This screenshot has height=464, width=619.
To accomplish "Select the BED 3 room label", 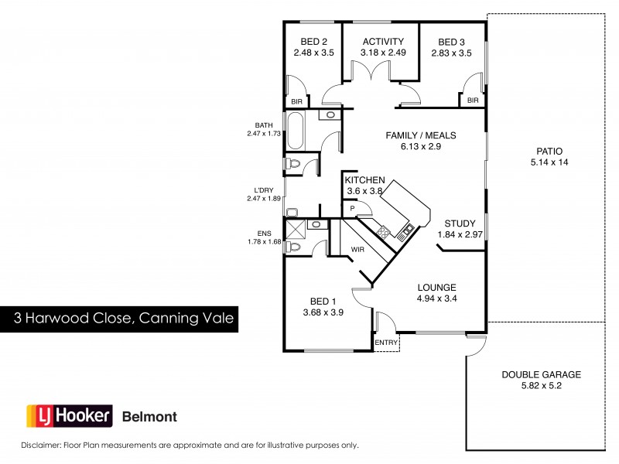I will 451,42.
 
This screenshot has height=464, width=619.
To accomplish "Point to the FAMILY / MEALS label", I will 421,135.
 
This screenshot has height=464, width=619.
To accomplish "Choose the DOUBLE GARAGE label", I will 541,374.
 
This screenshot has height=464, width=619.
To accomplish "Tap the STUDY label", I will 460,223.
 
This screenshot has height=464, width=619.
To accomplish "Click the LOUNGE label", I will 436,286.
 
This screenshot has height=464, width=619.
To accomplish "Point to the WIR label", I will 357,250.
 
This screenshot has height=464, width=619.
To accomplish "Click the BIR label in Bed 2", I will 296,101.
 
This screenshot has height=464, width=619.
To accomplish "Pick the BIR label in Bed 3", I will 473,101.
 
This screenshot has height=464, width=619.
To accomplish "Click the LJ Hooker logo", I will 70,416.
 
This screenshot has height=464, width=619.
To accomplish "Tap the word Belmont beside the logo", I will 150,417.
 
